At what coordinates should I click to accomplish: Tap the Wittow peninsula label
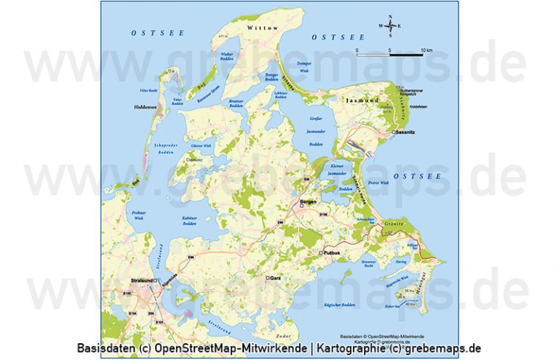coord(263,28)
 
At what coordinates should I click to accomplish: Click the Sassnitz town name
coord(407,133)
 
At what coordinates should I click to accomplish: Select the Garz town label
coord(275,278)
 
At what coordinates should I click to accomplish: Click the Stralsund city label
coord(139,280)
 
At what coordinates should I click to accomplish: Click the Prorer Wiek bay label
coord(379,183)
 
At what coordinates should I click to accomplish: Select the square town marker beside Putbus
coord(320,252)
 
